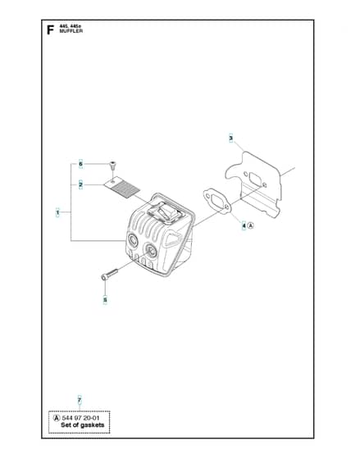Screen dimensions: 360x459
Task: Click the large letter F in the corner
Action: point(50,30)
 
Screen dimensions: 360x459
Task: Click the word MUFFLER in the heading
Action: point(71,31)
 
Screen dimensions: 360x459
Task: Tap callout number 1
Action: point(57,212)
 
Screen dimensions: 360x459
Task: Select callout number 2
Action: point(80,184)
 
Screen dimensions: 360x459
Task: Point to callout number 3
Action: point(230,138)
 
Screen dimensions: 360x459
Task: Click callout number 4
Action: point(244,225)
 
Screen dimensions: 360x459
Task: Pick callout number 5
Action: point(105,300)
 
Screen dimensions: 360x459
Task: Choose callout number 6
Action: point(81,164)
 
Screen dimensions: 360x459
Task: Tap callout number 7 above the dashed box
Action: point(80,400)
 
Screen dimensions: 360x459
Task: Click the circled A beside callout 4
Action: point(250,225)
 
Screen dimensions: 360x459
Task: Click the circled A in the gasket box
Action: point(57,418)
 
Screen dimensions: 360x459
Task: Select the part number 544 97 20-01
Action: point(80,418)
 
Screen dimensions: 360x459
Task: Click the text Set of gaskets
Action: point(82,425)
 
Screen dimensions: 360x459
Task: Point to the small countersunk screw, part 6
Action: point(112,166)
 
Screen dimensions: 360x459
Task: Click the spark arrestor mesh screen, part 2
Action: point(122,187)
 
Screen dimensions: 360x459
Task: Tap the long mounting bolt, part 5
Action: point(109,275)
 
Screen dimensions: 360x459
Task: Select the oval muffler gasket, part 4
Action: point(217,202)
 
